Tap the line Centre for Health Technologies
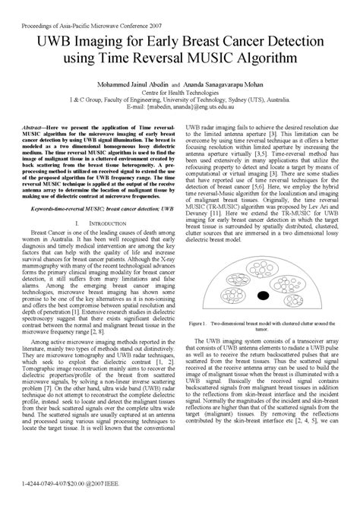[x=178, y=93]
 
